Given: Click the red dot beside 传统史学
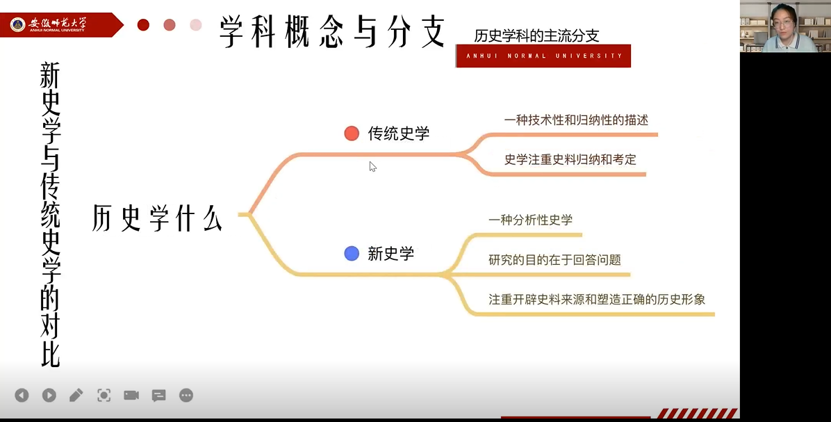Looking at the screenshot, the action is pyautogui.click(x=352, y=133).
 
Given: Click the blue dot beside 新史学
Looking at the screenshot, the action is pyautogui.click(x=352, y=254).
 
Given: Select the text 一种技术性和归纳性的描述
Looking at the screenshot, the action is pyautogui.click(x=576, y=120).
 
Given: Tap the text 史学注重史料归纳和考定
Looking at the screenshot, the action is pyautogui.click(x=570, y=159).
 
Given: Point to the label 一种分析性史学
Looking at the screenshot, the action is pyautogui.click(x=531, y=220).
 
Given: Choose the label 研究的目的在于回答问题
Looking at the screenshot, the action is pyautogui.click(x=554, y=259).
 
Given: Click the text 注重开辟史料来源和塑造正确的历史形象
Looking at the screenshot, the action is pyautogui.click(x=597, y=299).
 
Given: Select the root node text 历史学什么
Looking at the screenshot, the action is pyautogui.click(x=157, y=218).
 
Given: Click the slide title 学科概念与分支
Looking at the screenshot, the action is pyautogui.click(x=332, y=31).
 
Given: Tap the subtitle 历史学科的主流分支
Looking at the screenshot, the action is pyautogui.click(x=536, y=35).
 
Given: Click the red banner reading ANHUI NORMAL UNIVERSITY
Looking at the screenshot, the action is pyautogui.click(x=543, y=56).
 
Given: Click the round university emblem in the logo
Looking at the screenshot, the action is pyautogui.click(x=17, y=24).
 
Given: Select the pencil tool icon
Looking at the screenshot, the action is pyautogui.click(x=76, y=395).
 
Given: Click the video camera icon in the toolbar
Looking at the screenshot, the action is pyautogui.click(x=131, y=395).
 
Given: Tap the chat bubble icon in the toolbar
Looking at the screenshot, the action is pyautogui.click(x=158, y=396).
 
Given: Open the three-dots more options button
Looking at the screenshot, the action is pyautogui.click(x=186, y=395).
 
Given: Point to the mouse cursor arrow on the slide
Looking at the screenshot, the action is pyautogui.click(x=372, y=166).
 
